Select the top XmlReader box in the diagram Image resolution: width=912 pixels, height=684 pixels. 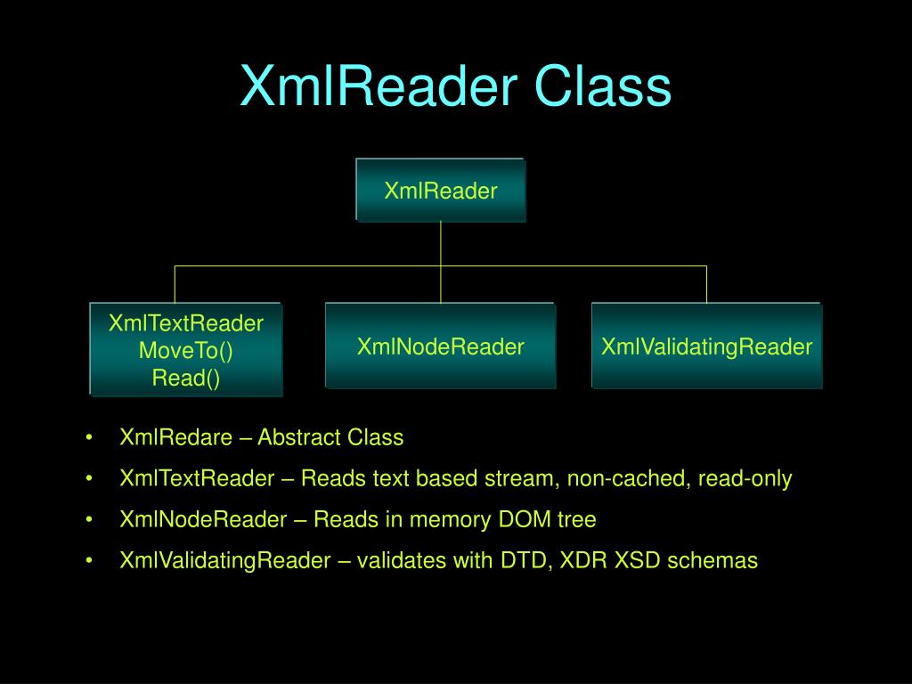click(x=440, y=191)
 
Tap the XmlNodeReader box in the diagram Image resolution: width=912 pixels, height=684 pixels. click(x=440, y=346)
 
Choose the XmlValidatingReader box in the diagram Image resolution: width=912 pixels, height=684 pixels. click(x=706, y=346)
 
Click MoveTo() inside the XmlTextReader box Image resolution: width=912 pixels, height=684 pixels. click(x=185, y=350)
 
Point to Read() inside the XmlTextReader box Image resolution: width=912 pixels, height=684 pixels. click(x=185, y=378)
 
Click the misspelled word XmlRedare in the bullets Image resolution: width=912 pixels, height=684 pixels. click(x=176, y=437)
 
